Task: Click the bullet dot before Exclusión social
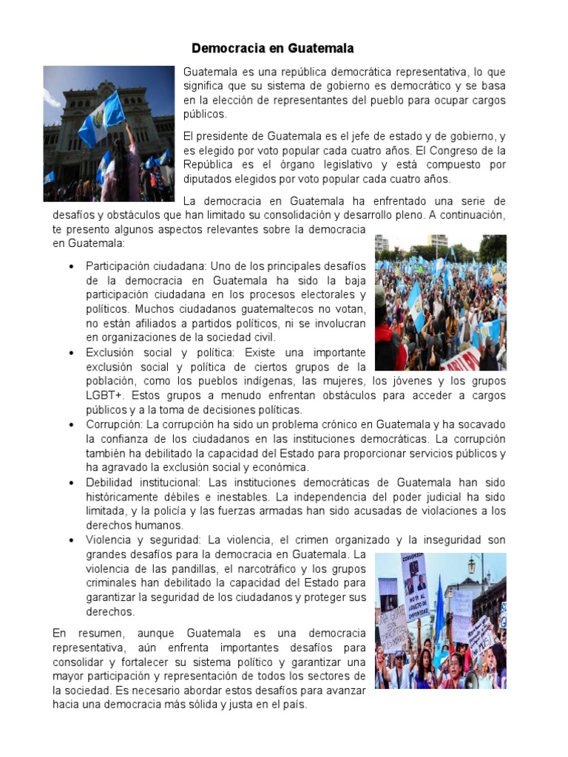pyautogui.click(x=71, y=353)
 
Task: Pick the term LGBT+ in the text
pyautogui.click(x=105, y=396)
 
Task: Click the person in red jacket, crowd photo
pyautogui.click(x=389, y=347)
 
